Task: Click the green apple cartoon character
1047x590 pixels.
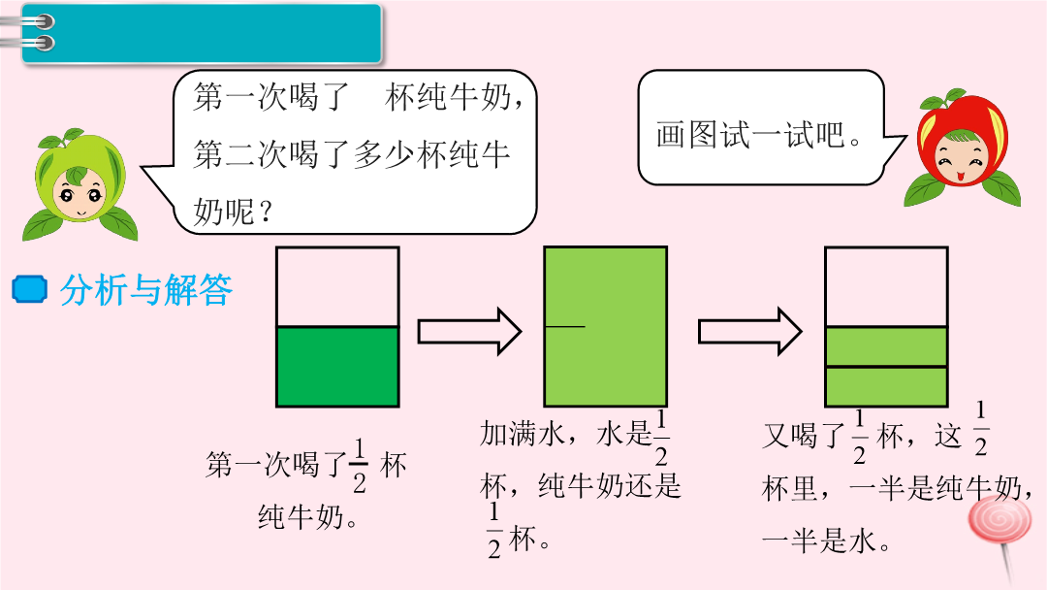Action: click(79, 185)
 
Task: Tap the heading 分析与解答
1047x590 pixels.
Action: click(145, 289)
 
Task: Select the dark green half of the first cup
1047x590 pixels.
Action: click(337, 366)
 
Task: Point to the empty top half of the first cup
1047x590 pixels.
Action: click(337, 287)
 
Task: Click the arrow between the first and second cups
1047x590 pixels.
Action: click(470, 331)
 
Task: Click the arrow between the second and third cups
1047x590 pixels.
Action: click(750, 331)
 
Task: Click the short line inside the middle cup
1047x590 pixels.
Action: click(566, 327)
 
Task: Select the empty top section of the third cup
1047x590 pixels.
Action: click(885, 287)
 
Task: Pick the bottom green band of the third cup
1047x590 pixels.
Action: click(885, 386)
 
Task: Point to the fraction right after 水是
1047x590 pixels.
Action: click(661, 438)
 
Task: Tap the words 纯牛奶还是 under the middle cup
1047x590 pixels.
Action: click(610, 485)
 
